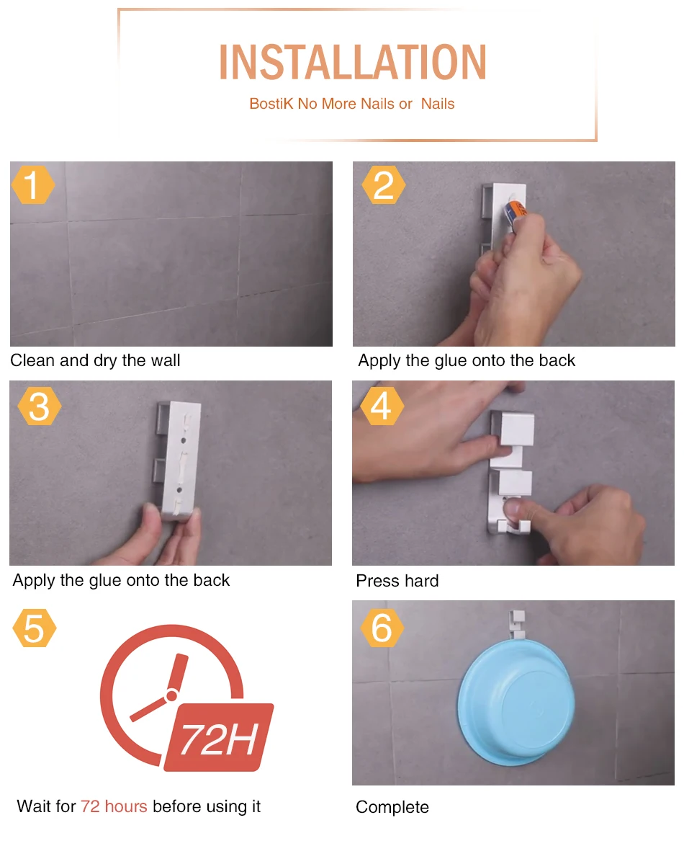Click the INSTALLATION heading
tap(353, 62)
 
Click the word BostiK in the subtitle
tap(271, 104)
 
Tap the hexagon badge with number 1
tap(33, 185)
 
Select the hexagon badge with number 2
tap(383, 185)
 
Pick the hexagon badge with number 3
tap(40, 406)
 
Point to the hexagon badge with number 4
tap(382, 406)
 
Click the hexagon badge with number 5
tap(35, 628)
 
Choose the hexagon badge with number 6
tap(382, 628)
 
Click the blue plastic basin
tap(516, 703)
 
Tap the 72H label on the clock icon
tap(219, 738)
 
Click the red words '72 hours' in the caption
tap(114, 806)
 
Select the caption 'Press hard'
tap(397, 581)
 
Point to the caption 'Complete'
tap(392, 807)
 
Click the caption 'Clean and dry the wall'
tap(96, 360)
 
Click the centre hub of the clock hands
tap(171, 695)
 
